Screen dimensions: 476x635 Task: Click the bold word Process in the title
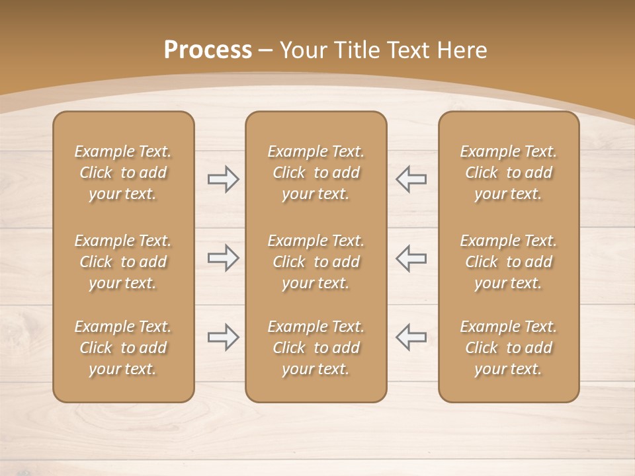tap(208, 50)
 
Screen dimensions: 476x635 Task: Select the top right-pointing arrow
tap(224, 178)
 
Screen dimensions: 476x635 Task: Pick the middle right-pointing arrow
tap(224, 258)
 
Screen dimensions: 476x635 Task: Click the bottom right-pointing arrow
tap(224, 337)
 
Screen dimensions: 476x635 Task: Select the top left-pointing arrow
tap(411, 178)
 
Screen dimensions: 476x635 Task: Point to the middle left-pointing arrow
tap(411, 258)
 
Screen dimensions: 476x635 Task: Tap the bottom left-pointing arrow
tap(411, 337)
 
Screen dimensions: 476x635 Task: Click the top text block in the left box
tap(123, 173)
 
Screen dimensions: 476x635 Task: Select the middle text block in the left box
tap(123, 262)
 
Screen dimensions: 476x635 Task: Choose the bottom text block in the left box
tap(123, 348)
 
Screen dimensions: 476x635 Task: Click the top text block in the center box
tap(316, 173)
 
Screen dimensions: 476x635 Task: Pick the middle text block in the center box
tap(316, 262)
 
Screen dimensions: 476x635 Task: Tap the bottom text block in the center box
tap(316, 348)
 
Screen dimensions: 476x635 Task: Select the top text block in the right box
tap(508, 173)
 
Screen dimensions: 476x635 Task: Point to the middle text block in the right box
tap(508, 262)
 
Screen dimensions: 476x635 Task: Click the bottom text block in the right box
tap(508, 348)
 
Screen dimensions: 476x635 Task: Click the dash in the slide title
tap(265, 50)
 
